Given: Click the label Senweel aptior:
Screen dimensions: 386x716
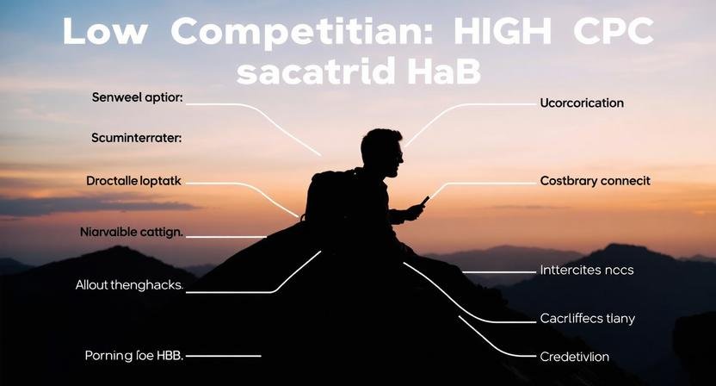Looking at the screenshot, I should click(x=137, y=98).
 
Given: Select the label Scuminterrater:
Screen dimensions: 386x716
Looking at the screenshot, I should click(x=142, y=138).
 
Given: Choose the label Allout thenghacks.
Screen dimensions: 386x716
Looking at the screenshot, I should click(x=129, y=285).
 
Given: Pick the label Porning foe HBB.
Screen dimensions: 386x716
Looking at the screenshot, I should click(x=136, y=355).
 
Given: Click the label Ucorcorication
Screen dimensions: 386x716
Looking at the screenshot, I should click(x=582, y=103).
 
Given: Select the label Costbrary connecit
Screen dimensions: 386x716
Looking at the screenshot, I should click(x=595, y=181).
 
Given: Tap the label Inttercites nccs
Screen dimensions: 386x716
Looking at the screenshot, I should click(x=586, y=271).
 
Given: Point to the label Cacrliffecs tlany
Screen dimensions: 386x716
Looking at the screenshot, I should click(x=587, y=319).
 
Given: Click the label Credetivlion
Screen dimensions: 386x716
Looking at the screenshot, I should click(x=574, y=356).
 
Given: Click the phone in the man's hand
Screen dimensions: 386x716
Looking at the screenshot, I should click(x=423, y=202).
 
